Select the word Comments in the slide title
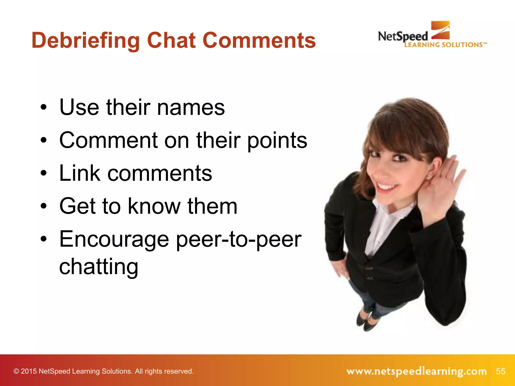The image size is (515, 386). click(259, 41)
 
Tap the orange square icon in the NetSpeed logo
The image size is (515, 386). click(440, 30)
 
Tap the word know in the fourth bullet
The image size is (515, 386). click(154, 206)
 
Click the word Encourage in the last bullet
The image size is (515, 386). click(114, 239)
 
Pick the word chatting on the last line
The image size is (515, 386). click(99, 267)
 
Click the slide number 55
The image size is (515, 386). click(500, 371)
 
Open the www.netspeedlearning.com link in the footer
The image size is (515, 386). click(416, 371)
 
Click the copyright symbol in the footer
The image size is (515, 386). click(16, 371)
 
